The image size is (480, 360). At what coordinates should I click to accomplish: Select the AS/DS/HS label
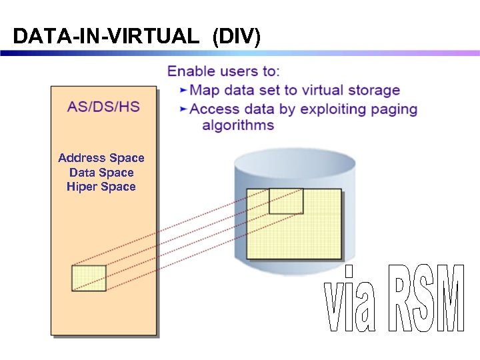pos(103,107)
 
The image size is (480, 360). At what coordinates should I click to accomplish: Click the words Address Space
pos(101,158)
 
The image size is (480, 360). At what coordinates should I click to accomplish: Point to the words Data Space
pos(101,173)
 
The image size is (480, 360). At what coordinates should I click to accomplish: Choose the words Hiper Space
pos(101,187)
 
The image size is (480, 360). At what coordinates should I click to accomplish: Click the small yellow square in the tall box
pos(89,278)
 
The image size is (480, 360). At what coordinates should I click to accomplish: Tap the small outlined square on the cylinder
pos(285,201)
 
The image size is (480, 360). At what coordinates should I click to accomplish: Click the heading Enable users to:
pos(223,71)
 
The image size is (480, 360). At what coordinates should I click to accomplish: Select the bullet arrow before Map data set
pos(184,90)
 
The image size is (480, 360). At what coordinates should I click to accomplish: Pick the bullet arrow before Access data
pos(184,109)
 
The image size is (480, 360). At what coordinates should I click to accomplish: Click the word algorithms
pos(238,125)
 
